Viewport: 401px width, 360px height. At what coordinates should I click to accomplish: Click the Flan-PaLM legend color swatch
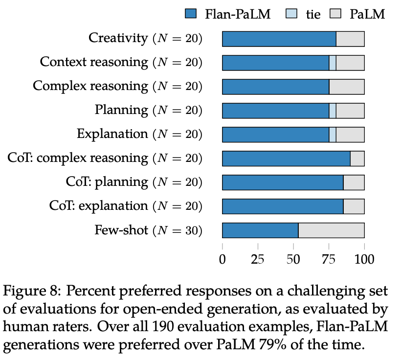[191, 13]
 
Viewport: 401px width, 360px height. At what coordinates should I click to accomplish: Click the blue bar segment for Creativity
[279, 39]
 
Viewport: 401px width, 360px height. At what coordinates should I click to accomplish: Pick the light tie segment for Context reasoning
[333, 63]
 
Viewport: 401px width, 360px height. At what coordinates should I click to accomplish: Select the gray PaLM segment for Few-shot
[331, 230]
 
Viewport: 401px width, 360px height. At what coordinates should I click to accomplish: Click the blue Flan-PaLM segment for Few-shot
[260, 230]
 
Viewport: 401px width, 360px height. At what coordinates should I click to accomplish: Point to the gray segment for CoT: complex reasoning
[357, 158]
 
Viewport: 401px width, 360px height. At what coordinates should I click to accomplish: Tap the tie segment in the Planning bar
[333, 111]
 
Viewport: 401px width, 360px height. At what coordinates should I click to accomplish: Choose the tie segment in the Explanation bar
[333, 135]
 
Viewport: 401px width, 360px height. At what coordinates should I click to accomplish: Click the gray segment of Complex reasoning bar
[346, 87]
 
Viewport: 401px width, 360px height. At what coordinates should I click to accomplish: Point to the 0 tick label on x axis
[223, 259]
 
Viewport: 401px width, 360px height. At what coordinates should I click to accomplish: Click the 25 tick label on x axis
[258, 259]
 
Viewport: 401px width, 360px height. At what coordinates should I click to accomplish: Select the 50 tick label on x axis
[293, 259]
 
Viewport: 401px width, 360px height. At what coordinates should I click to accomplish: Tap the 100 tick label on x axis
[364, 259]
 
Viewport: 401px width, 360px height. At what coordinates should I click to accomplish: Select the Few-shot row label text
[121, 230]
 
